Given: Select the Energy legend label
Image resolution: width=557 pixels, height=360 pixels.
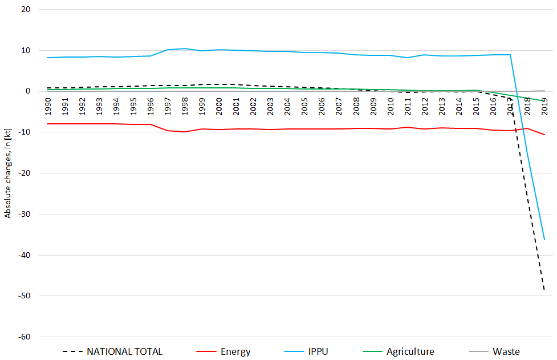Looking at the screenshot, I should (235, 351).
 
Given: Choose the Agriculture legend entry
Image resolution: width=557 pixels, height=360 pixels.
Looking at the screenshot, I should (410, 351).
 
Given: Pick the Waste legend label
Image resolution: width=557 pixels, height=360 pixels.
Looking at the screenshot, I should (506, 351).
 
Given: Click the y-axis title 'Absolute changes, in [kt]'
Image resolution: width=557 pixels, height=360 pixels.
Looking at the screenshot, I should (8, 173).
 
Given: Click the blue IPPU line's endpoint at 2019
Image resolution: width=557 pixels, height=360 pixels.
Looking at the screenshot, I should (544, 240).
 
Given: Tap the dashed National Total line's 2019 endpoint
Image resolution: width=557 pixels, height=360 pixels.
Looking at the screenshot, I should (544, 290).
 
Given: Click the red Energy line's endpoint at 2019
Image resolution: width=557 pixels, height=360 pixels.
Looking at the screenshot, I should (544, 135).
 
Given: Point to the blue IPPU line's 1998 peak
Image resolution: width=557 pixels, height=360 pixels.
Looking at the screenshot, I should (184, 48).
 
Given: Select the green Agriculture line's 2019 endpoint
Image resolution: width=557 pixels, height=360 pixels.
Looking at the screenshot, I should (544, 101).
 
